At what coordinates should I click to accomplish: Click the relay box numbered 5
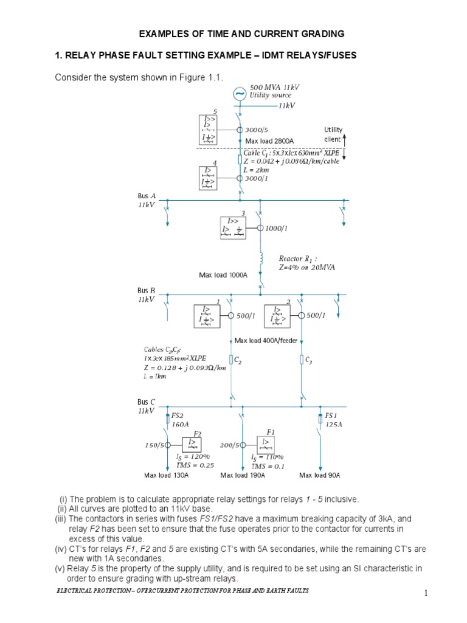point(213,130)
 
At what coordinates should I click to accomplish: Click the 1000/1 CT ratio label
point(276,228)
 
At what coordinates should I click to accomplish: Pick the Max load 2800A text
point(274,141)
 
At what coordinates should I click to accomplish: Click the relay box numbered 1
point(208,316)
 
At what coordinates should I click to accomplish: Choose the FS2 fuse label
point(178,415)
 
